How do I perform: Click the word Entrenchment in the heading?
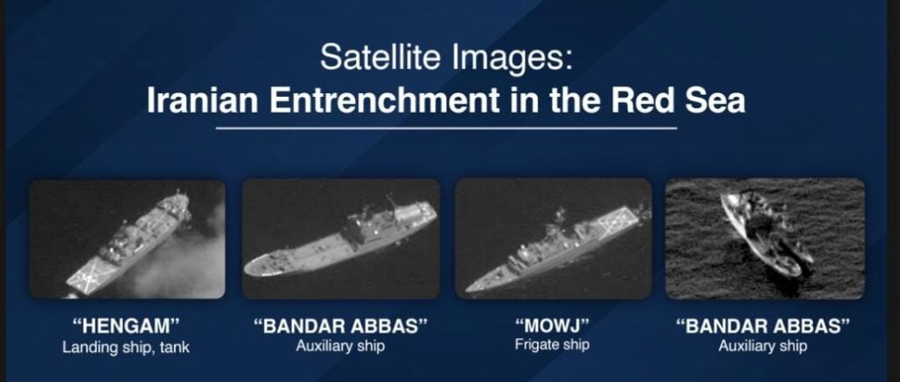pyautogui.click(x=385, y=100)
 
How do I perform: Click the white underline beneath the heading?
pyautogui.click(x=446, y=129)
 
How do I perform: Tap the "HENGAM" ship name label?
pyautogui.click(x=127, y=327)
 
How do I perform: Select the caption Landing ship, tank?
pyautogui.click(x=127, y=348)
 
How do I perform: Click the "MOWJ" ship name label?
pyautogui.click(x=552, y=326)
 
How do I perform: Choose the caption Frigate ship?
pyautogui.click(x=552, y=345)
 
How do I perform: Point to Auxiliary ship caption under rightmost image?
pyautogui.click(x=763, y=347)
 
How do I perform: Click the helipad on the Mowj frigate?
pyautogui.click(x=617, y=221)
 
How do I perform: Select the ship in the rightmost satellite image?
pyautogui.click(x=766, y=232)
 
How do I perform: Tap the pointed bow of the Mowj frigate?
pyautogui.click(x=468, y=289)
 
